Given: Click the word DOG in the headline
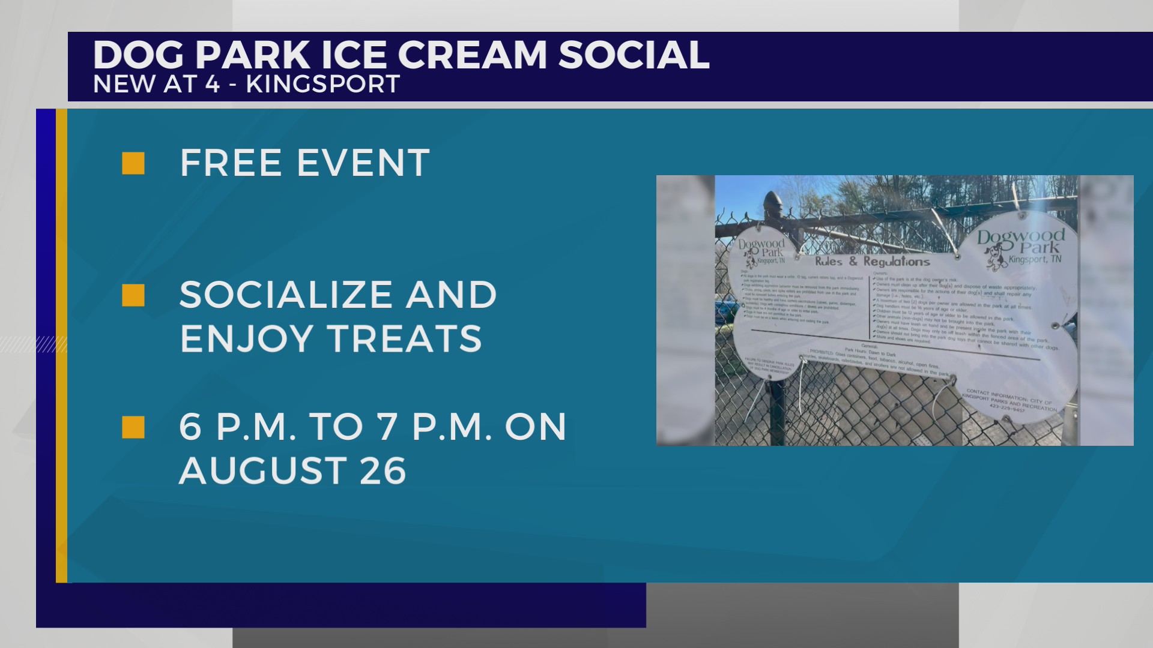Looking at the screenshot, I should click(x=138, y=55).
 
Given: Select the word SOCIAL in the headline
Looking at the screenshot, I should click(x=634, y=55).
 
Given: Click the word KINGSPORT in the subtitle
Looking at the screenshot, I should click(x=322, y=85).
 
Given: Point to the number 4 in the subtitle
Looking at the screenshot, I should click(x=212, y=85).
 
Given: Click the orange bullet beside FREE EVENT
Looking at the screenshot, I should click(x=133, y=163).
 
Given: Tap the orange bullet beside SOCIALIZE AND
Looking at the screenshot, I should click(x=133, y=295).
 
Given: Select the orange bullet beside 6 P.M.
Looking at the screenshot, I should click(x=133, y=427).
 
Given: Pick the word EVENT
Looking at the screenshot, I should click(x=363, y=163).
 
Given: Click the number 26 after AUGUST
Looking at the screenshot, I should click(x=383, y=471).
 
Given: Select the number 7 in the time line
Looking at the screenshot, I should click(x=387, y=427).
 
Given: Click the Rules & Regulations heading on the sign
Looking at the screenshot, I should click(x=872, y=262).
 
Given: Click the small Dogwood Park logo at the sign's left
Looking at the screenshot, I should click(x=761, y=252).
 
